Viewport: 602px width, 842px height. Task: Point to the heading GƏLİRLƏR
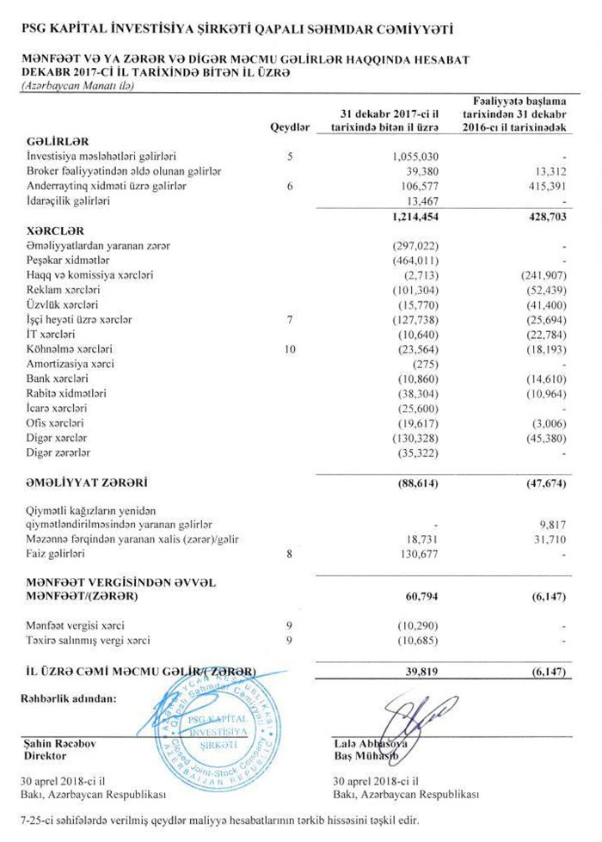click(x=58, y=141)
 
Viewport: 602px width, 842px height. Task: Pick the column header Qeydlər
click(x=290, y=126)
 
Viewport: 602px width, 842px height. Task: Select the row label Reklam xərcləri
click(x=63, y=290)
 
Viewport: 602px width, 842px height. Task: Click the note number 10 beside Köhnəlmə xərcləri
click(x=291, y=349)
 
